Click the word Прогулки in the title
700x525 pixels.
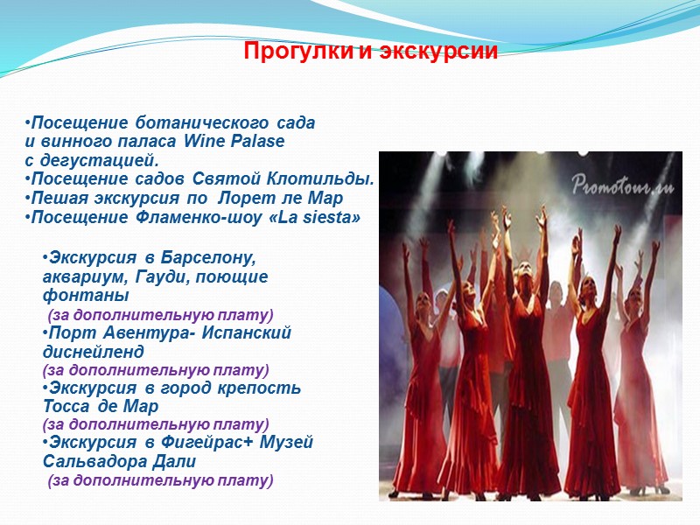coord(298,52)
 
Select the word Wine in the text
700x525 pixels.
coord(204,142)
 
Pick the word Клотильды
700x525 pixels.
coord(330,179)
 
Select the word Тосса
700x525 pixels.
coord(67,407)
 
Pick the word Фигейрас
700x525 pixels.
coord(192,443)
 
